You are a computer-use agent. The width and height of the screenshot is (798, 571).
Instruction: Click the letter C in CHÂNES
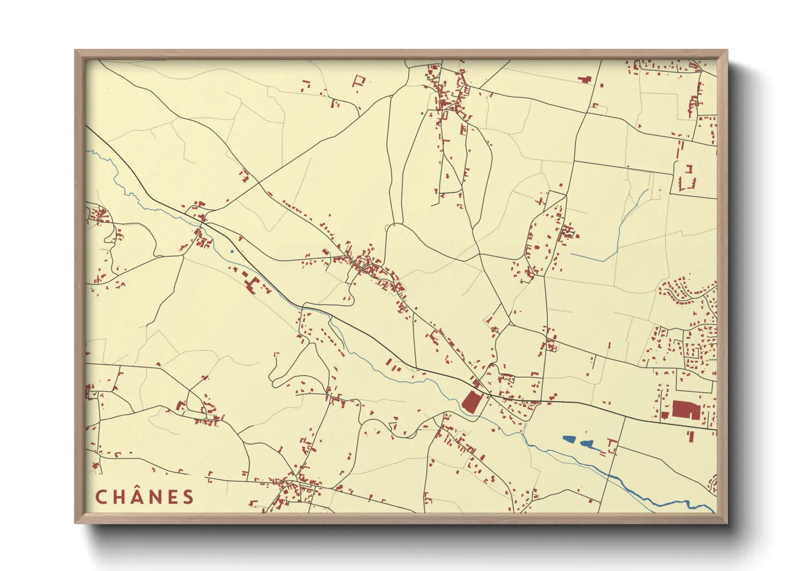click(x=101, y=497)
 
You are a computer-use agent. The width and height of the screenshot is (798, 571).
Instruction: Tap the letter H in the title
click(x=119, y=497)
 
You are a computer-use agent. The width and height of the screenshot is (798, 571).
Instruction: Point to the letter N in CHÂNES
click(x=156, y=497)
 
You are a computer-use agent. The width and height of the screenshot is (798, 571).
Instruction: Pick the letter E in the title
click(x=173, y=497)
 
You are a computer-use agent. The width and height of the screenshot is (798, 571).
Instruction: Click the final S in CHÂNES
click(x=188, y=497)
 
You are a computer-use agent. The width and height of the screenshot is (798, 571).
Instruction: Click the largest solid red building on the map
click(x=686, y=410)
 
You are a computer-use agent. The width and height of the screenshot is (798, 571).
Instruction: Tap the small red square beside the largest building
click(x=665, y=415)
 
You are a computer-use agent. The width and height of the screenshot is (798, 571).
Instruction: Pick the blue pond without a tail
click(x=569, y=439)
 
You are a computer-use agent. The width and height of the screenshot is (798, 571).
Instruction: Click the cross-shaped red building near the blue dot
click(x=251, y=284)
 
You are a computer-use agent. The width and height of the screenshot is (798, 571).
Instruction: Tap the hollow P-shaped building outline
click(x=359, y=81)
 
